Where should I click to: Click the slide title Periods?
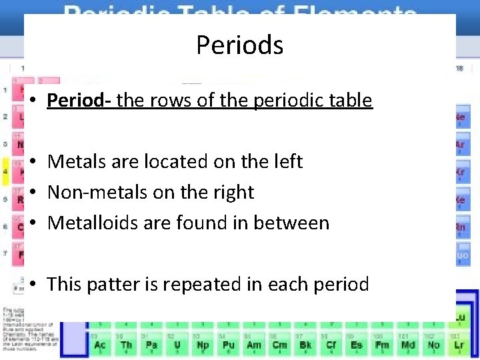pyautogui.click(x=239, y=45)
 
